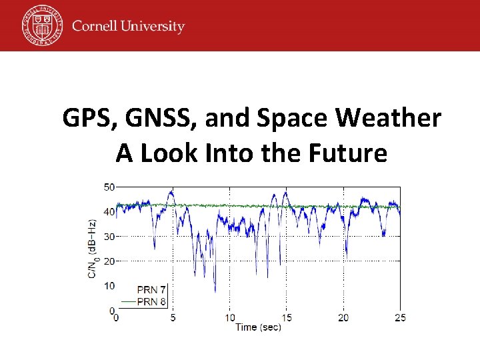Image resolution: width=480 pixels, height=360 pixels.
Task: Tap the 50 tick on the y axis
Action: pyautogui.click(x=109, y=187)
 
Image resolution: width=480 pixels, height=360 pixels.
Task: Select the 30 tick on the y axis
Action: pyautogui.click(x=109, y=237)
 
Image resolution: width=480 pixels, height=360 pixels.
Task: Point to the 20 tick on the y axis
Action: pyautogui.click(x=109, y=261)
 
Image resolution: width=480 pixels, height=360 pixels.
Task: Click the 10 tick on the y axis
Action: pyautogui.click(x=109, y=286)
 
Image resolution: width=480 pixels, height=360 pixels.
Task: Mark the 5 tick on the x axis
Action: pyautogui.click(x=173, y=317)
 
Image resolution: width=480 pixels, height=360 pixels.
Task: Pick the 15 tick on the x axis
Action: pyautogui.click(x=287, y=317)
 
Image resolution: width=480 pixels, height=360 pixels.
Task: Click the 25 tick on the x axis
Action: pyautogui.click(x=400, y=317)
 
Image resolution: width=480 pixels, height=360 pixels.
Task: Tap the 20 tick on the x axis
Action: pyautogui.click(x=343, y=317)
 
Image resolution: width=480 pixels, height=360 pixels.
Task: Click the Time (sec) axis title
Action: pyautogui.click(x=258, y=327)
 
